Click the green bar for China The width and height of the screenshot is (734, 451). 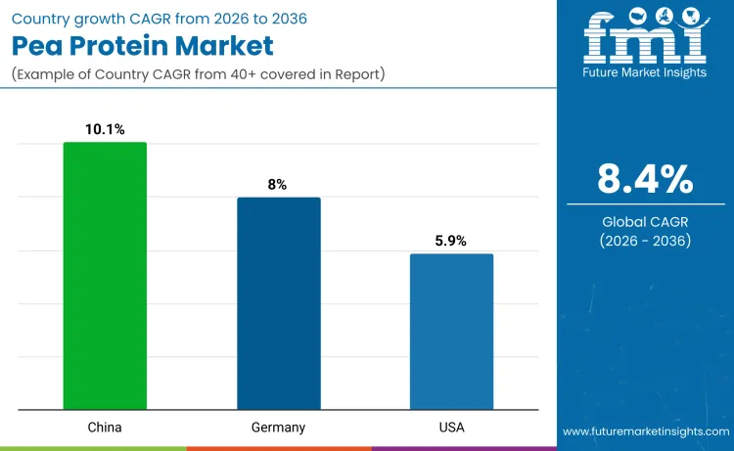click(105, 275)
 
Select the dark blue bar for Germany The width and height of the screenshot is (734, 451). click(279, 303)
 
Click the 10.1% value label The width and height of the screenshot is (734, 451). click(105, 129)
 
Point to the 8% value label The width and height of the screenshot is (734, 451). click(278, 184)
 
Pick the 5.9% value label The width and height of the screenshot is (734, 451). click(451, 241)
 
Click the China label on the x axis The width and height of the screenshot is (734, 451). click(105, 428)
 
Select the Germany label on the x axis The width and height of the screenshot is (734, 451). click(279, 428)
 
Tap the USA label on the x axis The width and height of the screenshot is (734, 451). click(451, 428)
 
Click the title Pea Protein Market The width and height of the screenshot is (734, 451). click(143, 45)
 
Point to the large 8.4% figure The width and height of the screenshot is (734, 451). click(645, 179)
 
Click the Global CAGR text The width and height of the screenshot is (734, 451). click(645, 221)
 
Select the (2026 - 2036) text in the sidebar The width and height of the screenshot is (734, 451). click(645, 241)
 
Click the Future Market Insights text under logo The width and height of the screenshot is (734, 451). click(645, 72)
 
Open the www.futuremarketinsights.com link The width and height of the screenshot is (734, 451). click(645, 430)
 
